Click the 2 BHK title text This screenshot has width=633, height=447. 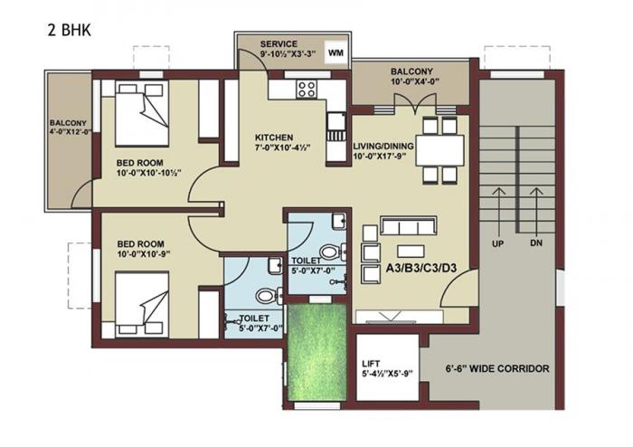(x=70, y=28)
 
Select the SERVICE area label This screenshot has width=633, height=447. (x=279, y=44)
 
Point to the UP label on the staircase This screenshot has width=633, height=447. (x=496, y=244)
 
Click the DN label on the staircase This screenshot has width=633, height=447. (x=537, y=244)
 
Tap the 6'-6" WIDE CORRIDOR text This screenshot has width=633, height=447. (x=497, y=369)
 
